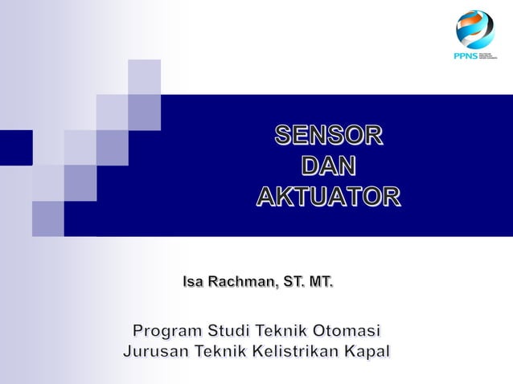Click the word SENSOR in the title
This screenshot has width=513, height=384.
coord(328,136)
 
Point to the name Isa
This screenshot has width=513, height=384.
coord(193,282)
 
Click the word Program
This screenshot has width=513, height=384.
coord(167,331)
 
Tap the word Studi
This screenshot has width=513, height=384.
coord(229,330)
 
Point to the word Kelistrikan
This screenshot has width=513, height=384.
coord(297,352)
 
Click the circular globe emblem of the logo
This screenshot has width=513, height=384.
coord(474,30)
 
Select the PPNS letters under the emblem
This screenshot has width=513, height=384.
coord(465,56)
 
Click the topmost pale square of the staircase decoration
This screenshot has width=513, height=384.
coord(144,76)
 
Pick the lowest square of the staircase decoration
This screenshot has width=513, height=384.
coord(48,219)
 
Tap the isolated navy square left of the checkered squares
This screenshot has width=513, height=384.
coord(16,147)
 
